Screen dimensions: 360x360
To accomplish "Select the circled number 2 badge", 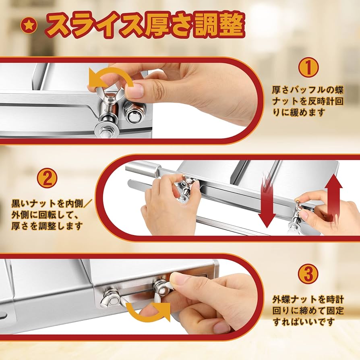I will (x=48, y=179).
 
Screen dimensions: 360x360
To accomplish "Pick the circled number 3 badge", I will (x=308, y=274).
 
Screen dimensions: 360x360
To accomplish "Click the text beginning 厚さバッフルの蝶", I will (x=307, y=89).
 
